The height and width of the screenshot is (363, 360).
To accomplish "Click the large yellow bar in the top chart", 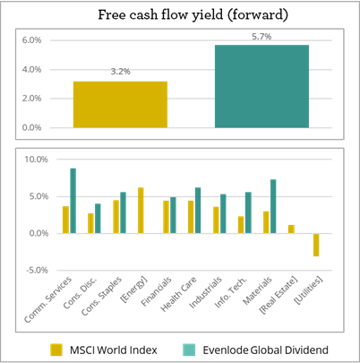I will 120,104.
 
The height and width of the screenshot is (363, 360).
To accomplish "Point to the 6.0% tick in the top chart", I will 31,41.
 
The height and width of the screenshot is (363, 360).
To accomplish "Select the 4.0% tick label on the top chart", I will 31,70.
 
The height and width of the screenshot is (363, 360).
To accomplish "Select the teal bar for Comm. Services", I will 73,200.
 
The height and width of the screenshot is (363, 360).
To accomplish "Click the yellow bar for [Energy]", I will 141,210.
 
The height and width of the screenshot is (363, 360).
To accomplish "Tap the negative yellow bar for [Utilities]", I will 316,245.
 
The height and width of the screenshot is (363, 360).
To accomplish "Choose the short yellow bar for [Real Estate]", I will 291,229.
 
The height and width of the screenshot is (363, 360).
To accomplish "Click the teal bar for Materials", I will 273,206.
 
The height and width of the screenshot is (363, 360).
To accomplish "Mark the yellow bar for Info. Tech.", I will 241,224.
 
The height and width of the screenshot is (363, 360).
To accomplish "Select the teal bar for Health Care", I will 198,210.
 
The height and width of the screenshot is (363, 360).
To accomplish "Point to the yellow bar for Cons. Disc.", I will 90,222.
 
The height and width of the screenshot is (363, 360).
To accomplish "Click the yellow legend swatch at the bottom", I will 56,350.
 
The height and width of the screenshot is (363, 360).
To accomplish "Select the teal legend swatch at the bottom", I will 189,350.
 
